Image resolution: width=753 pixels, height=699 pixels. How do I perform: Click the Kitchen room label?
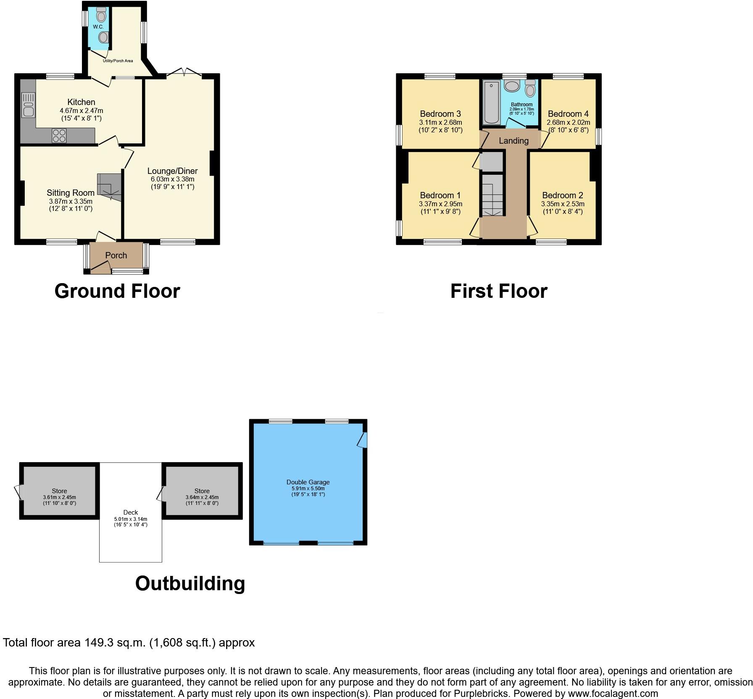pos(81,102)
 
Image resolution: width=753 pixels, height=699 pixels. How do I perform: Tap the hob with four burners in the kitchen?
pos(59,136)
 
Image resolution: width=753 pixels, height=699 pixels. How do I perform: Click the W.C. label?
pos(98,27)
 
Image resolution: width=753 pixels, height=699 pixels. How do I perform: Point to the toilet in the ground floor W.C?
pos(101,16)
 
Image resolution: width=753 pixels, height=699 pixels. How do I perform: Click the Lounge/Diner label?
pos(172,171)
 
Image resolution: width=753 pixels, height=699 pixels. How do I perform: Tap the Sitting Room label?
pos(71,193)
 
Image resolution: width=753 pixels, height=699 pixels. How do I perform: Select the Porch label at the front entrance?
pos(116,255)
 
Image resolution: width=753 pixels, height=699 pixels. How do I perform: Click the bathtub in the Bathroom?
pos(490,103)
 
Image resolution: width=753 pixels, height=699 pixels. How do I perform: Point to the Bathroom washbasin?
pos(512,87)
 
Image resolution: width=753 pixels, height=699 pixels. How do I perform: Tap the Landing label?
pos(513,141)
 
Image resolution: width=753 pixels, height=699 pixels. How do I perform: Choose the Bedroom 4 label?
pos(568,114)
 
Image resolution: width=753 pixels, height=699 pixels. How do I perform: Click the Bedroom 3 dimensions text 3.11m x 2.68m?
pos(440,123)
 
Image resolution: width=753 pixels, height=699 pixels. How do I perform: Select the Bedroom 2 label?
pos(563,195)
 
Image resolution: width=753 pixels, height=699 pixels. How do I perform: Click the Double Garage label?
pos(308,482)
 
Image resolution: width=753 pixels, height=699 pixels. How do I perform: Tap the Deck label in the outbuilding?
pos(131,512)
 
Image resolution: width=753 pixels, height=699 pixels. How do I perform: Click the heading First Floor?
pos(499,291)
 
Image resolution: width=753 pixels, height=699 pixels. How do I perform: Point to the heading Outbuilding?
pos(190,583)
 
